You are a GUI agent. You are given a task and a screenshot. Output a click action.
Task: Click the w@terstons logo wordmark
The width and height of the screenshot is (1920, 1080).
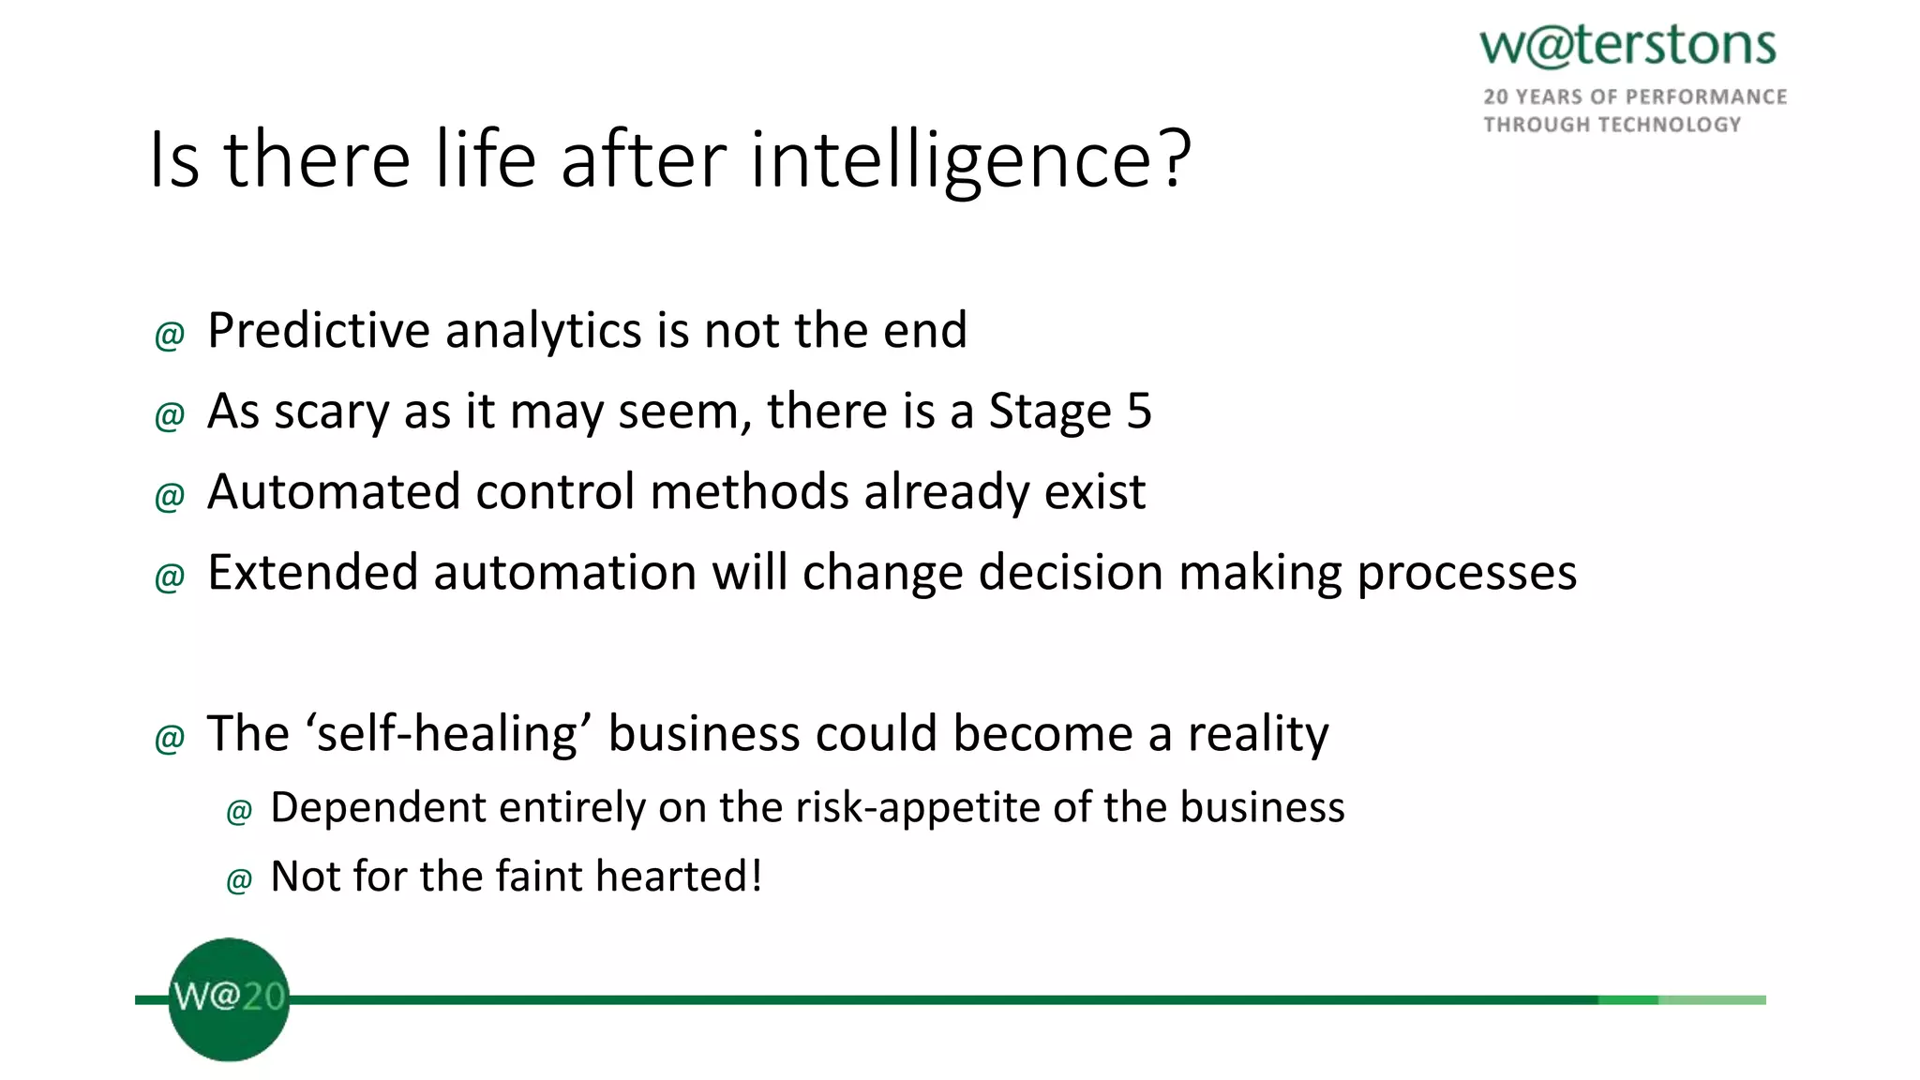pos(1627,45)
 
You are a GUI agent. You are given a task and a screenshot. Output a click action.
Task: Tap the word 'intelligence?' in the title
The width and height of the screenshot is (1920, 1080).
pos(970,159)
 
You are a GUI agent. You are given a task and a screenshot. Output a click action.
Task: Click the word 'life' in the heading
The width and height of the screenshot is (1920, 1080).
pos(485,159)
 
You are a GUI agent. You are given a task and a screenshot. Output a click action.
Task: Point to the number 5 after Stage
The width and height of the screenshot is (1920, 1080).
pos(1138,412)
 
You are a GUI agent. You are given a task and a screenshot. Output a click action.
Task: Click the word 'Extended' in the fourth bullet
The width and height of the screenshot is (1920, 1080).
pos(312,573)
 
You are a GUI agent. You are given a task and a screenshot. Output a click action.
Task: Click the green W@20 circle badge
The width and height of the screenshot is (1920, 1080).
pos(229,999)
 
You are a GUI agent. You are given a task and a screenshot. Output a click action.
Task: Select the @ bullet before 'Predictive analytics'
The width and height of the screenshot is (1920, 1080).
pos(170,335)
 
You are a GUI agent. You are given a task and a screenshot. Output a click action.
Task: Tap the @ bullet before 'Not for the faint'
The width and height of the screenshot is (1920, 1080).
pos(239,880)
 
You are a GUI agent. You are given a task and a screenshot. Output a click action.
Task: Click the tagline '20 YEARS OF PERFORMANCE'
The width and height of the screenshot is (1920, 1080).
pos(1634,97)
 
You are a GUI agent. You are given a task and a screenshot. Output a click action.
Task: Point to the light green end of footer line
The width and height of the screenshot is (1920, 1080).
pos(1711,1000)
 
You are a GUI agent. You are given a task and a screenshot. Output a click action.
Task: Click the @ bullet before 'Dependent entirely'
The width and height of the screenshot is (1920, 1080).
pos(239,811)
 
